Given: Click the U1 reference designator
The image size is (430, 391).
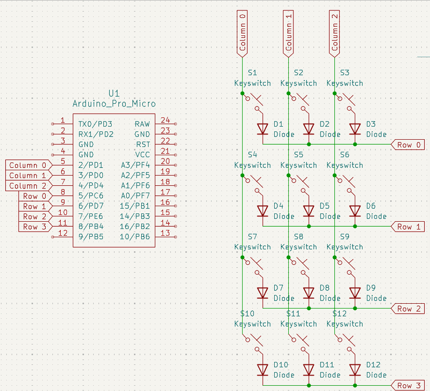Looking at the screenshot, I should tap(114, 93).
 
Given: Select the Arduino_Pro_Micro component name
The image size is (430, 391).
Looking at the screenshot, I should tap(114, 103).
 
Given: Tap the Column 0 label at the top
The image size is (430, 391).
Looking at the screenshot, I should tap(242, 32).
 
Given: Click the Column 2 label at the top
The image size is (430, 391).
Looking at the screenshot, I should tap(334, 32).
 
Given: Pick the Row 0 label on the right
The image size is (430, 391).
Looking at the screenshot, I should tap(408, 145).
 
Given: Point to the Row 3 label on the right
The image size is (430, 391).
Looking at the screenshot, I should tap(408, 385).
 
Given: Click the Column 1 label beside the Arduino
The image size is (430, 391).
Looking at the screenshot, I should tap(27, 176).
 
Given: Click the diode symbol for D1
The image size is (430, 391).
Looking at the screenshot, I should tap(263, 128).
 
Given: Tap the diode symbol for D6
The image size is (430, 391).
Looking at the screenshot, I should tap(355, 210).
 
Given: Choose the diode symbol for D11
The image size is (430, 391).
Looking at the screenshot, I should tap(309, 369).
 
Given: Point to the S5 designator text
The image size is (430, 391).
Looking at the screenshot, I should tap(298, 155).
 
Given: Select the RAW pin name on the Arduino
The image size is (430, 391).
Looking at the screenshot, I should tap(142, 124).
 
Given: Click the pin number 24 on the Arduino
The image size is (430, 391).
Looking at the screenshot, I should tap(165, 120).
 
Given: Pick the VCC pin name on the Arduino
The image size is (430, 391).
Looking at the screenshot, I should tap(142, 155).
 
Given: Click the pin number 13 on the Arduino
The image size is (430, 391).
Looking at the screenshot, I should tap(165, 233).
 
